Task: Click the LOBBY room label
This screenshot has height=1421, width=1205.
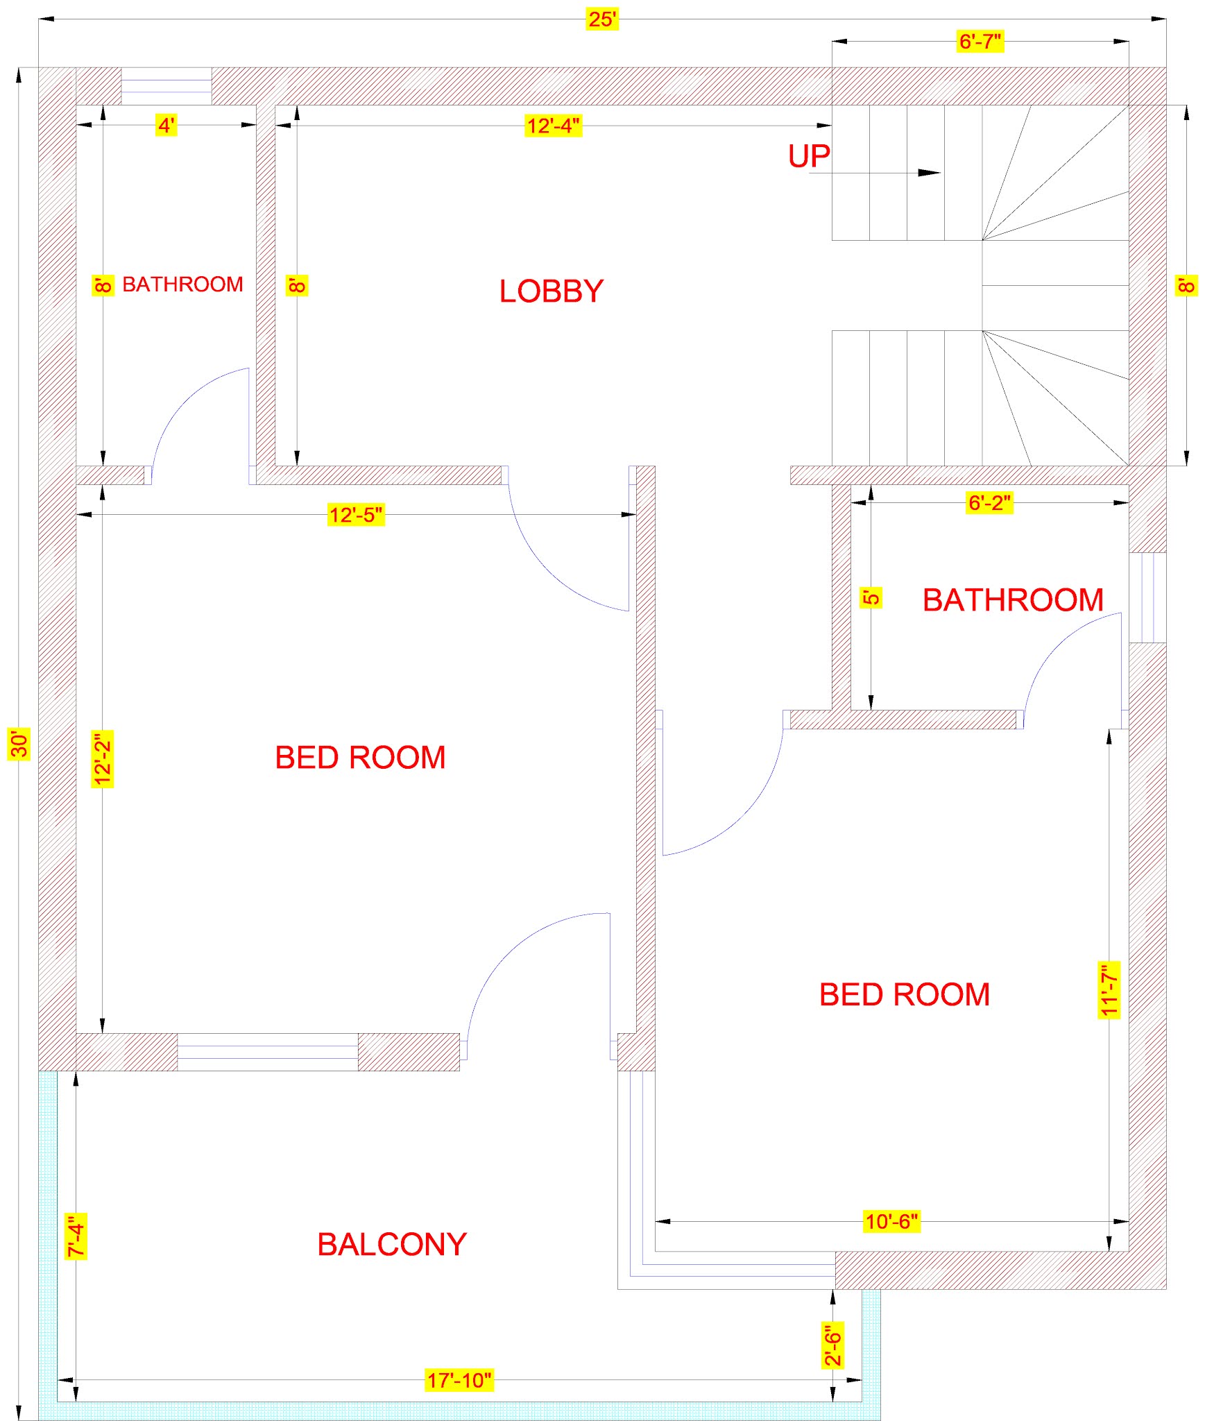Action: click(x=552, y=291)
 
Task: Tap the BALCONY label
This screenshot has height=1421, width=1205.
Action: click(x=392, y=1245)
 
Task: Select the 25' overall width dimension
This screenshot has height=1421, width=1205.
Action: click(x=602, y=19)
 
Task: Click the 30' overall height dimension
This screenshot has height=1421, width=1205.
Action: click(x=19, y=744)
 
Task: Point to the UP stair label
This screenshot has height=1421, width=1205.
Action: click(x=809, y=157)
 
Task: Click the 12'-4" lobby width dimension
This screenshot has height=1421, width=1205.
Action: click(x=553, y=126)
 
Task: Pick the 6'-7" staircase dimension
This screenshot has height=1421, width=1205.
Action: click(x=980, y=42)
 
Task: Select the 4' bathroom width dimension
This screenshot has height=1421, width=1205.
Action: click(x=166, y=126)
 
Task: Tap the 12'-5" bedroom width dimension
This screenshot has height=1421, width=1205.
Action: click(x=355, y=515)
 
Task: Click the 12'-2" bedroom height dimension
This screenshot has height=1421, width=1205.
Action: click(x=103, y=759)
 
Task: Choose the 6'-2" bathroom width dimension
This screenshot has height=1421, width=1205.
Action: click(x=989, y=503)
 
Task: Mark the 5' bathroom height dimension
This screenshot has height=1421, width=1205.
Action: click(x=871, y=597)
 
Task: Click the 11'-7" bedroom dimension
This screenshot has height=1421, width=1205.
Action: click(x=1109, y=989)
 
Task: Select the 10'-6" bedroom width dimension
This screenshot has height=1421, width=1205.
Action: click(x=891, y=1221)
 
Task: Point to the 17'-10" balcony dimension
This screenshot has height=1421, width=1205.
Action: click(x=459, y=1380)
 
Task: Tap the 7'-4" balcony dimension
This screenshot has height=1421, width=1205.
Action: click(x=76, y=1236)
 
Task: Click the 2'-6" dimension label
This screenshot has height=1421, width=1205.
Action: click(x=832, y=1344)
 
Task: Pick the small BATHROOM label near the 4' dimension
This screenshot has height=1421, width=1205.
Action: click(x=182, y=284)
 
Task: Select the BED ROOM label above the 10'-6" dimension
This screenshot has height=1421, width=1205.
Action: click(x=905, y=995)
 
